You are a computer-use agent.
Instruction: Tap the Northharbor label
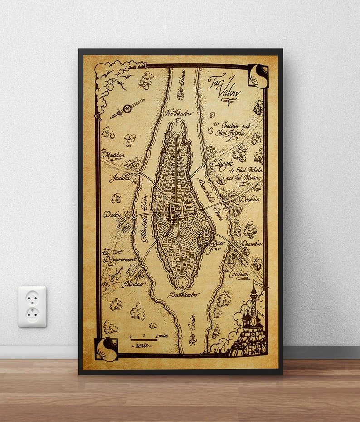click(x=180, y=113)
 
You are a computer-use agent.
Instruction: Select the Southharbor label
click(x=184, y=294)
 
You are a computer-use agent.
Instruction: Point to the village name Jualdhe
click(x=120, y=178)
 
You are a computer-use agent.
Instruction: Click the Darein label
click(x=111, y=214)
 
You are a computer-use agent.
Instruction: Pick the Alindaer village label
click(x=134, y=284)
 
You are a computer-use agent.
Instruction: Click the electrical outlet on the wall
click(x=32, y=306)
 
